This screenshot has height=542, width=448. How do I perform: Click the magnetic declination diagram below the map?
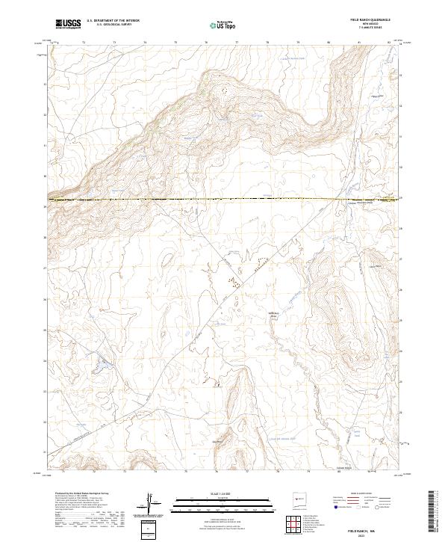coord(153,501)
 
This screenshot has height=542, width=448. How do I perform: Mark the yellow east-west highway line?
coord(224,199)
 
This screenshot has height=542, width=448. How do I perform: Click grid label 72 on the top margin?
coord(83,43)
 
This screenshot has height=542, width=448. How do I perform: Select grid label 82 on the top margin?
coord(389,43)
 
